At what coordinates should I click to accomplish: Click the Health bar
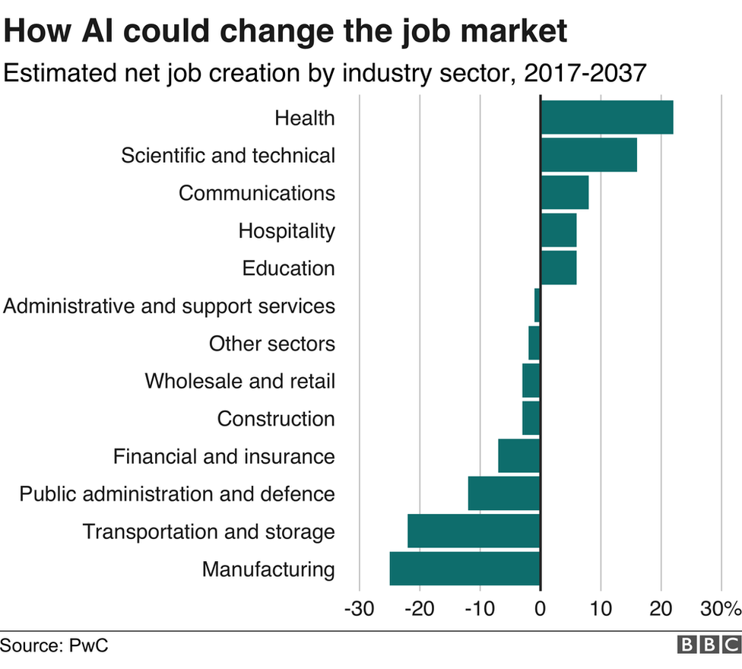point(607,118)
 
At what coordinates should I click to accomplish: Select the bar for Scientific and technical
point(588,155)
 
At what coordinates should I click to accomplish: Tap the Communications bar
point(564,192)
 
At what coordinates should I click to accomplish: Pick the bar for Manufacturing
point(465,569)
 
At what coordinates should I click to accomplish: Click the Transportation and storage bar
point(474,531)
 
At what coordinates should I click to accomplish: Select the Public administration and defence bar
point(504,493)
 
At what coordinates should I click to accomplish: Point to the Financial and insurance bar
point(519,456)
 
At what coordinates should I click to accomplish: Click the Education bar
point(558,268)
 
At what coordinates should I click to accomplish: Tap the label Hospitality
point(287,230)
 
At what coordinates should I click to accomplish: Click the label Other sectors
point(271,344)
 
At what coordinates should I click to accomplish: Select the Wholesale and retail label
point(239,381)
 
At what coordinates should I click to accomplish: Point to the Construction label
point(275,419)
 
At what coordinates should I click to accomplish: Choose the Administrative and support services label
point(169,306)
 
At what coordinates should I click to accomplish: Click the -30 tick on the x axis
point(358,609)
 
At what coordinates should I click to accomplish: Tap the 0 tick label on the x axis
point(540,609)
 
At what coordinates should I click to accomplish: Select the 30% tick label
point(720,609)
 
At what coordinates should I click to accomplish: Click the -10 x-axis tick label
point(479,609)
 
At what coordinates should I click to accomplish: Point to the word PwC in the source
point(89,645)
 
